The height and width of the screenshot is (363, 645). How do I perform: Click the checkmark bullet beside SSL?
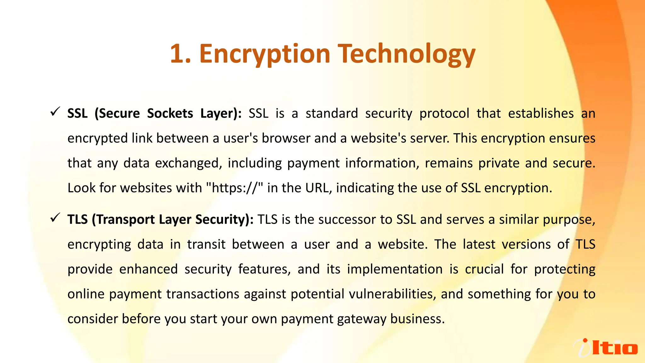(x=55, y=112)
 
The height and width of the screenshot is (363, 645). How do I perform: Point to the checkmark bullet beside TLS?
(x=55, y=218)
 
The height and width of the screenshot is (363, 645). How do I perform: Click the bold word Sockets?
(x=170, y=113)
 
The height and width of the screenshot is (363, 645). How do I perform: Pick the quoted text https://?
(x=235, y=188)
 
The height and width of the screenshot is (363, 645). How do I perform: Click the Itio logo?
(x=605, y=348)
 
